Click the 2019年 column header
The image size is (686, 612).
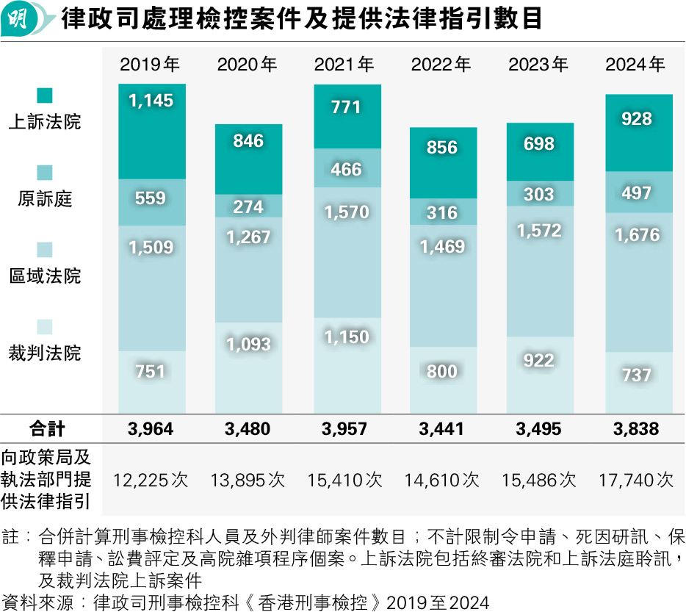click(151, 65)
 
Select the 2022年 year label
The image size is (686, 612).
click(441, 65)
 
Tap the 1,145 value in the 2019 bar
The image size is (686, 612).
click(151, 101)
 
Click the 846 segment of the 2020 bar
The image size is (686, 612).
click(248, 141)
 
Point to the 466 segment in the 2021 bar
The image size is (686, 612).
click(346, 170)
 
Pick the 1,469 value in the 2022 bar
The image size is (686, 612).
click(442, 247)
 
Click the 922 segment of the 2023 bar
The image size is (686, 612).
click(539, 361)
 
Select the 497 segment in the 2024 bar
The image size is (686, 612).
click(636, 192)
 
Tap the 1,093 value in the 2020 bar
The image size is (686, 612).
click(248, 344)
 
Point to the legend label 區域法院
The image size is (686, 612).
click(45, 276)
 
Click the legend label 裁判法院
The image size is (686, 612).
click(45, 353)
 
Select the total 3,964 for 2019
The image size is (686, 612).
click(151, 429)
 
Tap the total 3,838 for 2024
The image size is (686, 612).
click(636, 429)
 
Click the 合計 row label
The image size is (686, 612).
click(48, 429)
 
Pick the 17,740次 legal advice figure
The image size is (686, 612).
click(636, 480)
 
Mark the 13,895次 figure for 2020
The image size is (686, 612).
click(248, 480)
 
